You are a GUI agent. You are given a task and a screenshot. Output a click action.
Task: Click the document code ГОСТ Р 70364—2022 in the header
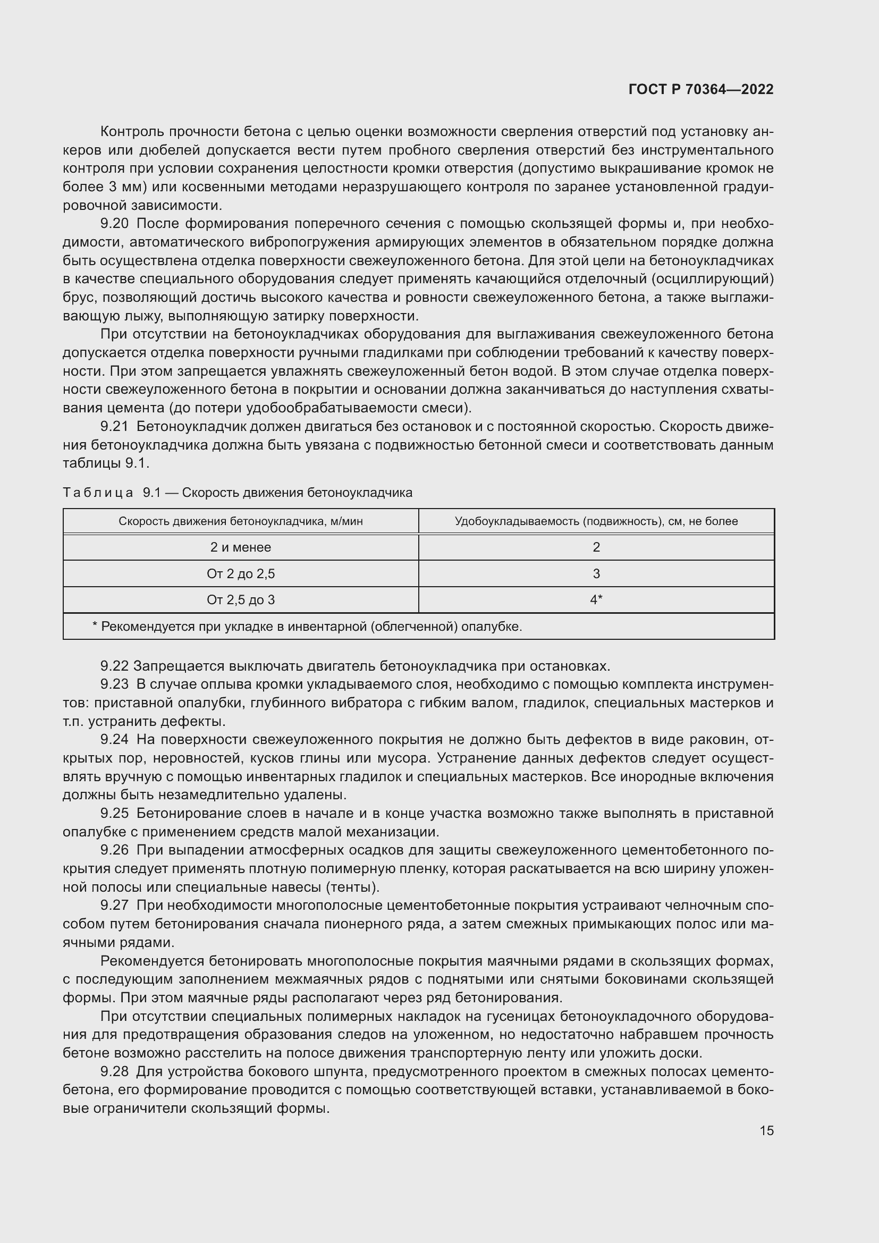701,90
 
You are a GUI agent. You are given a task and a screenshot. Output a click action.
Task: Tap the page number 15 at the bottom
766,1130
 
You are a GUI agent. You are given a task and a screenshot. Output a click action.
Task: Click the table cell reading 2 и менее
240,547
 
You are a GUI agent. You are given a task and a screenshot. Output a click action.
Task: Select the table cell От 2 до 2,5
240,573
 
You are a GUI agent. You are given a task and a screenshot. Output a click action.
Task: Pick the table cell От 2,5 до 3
240,600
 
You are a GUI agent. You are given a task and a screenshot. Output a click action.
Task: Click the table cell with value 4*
596,600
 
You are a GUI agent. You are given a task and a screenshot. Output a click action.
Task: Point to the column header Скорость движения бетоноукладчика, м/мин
240,521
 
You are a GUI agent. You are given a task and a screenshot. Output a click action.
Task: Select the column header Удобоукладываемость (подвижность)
596,521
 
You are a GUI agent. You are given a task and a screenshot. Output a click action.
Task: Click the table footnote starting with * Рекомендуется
307,627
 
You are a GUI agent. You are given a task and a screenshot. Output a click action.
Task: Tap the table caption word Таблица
98,493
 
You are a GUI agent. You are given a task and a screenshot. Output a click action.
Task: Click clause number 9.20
114,224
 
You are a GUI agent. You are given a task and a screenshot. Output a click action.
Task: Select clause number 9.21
114,427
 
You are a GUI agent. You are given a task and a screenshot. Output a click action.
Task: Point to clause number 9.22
114,666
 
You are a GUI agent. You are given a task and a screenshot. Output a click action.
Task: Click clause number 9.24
114,740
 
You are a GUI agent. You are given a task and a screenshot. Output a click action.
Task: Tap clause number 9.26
114,850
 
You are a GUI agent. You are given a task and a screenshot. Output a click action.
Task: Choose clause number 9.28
114,1071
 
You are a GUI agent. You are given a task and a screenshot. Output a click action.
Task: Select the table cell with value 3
596,573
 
